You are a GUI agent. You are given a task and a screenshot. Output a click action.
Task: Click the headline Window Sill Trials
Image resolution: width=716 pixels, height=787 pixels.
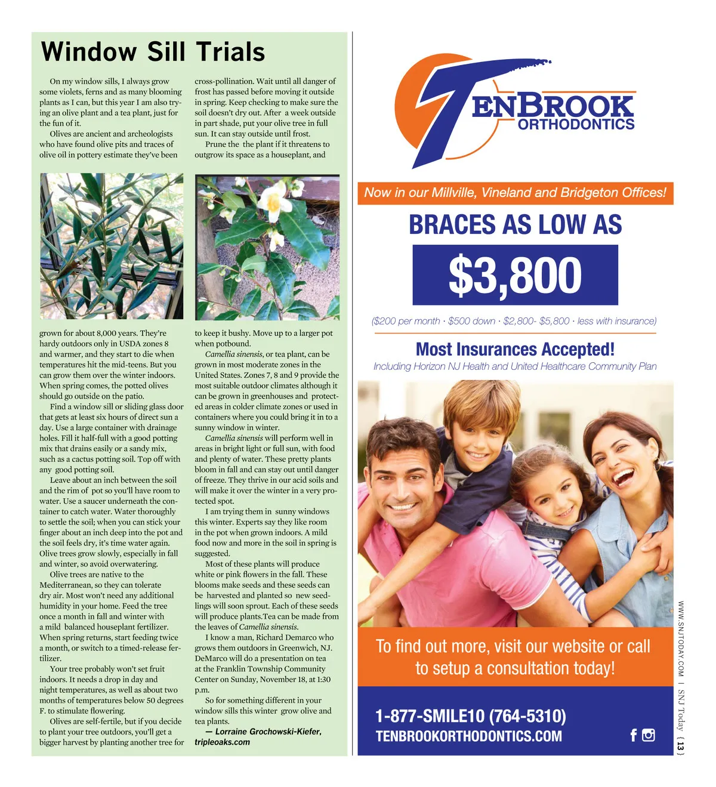(153, 52)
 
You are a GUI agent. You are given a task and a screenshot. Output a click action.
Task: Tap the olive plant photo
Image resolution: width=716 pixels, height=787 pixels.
(112, 246)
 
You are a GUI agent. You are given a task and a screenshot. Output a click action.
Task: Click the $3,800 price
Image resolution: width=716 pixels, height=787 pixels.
(515, 275)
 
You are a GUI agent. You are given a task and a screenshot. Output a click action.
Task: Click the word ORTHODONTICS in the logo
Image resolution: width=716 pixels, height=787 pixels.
(576, 125)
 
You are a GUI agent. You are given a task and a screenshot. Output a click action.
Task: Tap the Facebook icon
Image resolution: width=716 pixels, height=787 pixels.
(634, 735)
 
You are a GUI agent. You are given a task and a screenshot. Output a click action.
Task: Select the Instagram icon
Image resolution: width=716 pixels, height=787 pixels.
(649, 735)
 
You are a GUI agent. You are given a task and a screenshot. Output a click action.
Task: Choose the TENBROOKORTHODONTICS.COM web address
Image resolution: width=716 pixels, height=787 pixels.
(468, 736)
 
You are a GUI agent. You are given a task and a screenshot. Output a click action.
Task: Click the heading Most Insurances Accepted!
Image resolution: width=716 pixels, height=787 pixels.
(515, 349)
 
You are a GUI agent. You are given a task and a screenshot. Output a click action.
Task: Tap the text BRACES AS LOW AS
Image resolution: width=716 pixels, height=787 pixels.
(515, 225)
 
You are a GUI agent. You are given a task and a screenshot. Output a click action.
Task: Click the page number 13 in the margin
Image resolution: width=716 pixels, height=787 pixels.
(681, 745)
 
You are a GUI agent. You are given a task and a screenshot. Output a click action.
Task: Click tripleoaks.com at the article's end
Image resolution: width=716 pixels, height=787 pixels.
(222, 742)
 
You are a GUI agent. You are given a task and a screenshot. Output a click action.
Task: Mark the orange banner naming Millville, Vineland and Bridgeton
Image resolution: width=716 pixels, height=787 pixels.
(515, 193)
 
